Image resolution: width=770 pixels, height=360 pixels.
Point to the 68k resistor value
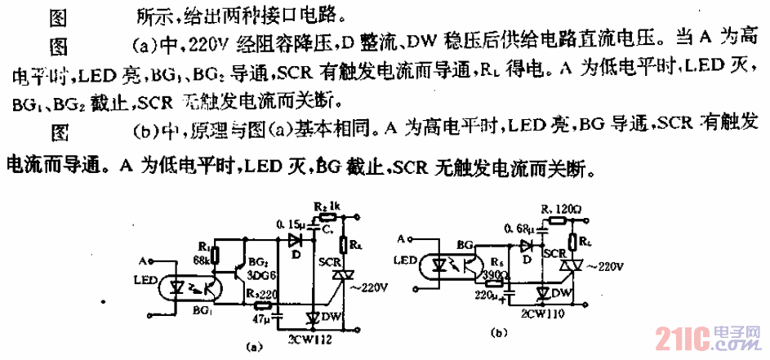202,260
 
